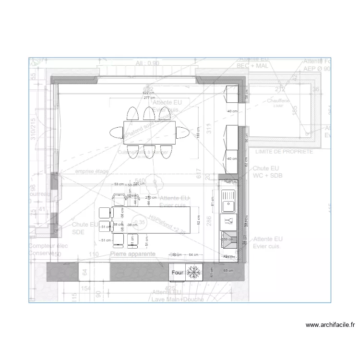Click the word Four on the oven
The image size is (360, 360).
pyautogui.click(x=178, y=273)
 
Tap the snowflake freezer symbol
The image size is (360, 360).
pyautogui.click(x=193, y=272)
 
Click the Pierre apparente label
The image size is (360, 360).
pyautogui.click(x=132, y=253)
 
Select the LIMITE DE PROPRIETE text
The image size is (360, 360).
pyautogui.click(x=284, y=151)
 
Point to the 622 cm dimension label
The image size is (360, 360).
pyautogui.click(x=149, y=93)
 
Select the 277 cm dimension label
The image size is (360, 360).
pyautogui.click(x=149, y=97)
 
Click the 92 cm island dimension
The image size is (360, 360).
pyautogui.click(x=198, y=219)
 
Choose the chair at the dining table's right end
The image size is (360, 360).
pyautogui.click(x=183, y=132)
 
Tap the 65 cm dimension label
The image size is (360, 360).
pyautogui.click(x=228, y=271)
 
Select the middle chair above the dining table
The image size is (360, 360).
pyautogui.click(x=148, y=114)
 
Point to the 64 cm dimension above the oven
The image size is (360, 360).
pyautogui.click(x=193, y=254)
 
